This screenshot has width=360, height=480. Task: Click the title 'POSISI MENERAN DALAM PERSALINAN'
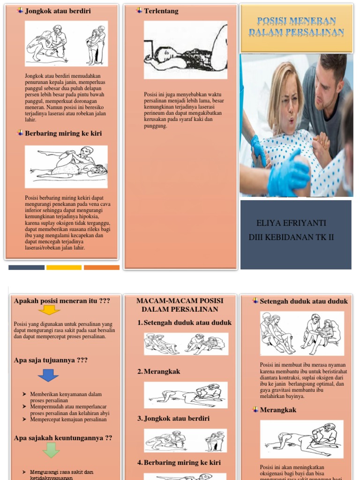click(x=296, y=27)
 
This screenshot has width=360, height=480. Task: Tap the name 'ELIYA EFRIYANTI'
click(x=291, y=223)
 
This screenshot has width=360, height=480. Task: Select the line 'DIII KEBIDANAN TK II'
click(x=291, y=237)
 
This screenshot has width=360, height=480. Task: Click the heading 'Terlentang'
click(x=161, y=11)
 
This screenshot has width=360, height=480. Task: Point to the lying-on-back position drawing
click(x=185, y=50)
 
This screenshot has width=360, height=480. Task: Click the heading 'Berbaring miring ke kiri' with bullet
click(x=63, y=133)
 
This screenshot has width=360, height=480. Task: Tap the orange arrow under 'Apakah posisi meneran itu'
click(x=49, y=310)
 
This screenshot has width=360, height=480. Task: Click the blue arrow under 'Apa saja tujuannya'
click(x=48, y=375)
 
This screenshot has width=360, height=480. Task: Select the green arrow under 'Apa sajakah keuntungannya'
click(x=51, y=450)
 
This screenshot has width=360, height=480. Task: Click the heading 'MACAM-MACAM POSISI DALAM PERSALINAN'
click(x=180, y=305)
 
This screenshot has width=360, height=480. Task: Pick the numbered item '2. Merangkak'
click(x=159, y=371)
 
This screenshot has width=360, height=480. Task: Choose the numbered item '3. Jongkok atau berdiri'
click(x=173, y=418)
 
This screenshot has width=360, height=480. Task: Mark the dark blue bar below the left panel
click(x=26, y=268)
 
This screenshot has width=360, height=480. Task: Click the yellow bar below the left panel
click(x=64, y=268)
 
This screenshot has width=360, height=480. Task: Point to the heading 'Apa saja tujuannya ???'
click(x=51, y=360)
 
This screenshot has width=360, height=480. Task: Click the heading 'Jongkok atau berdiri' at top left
click(x=58, y=11)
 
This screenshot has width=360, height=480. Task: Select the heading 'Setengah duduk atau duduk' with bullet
click(x=304, y=301)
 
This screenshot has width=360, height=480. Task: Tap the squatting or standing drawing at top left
click(x=66, y=44)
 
